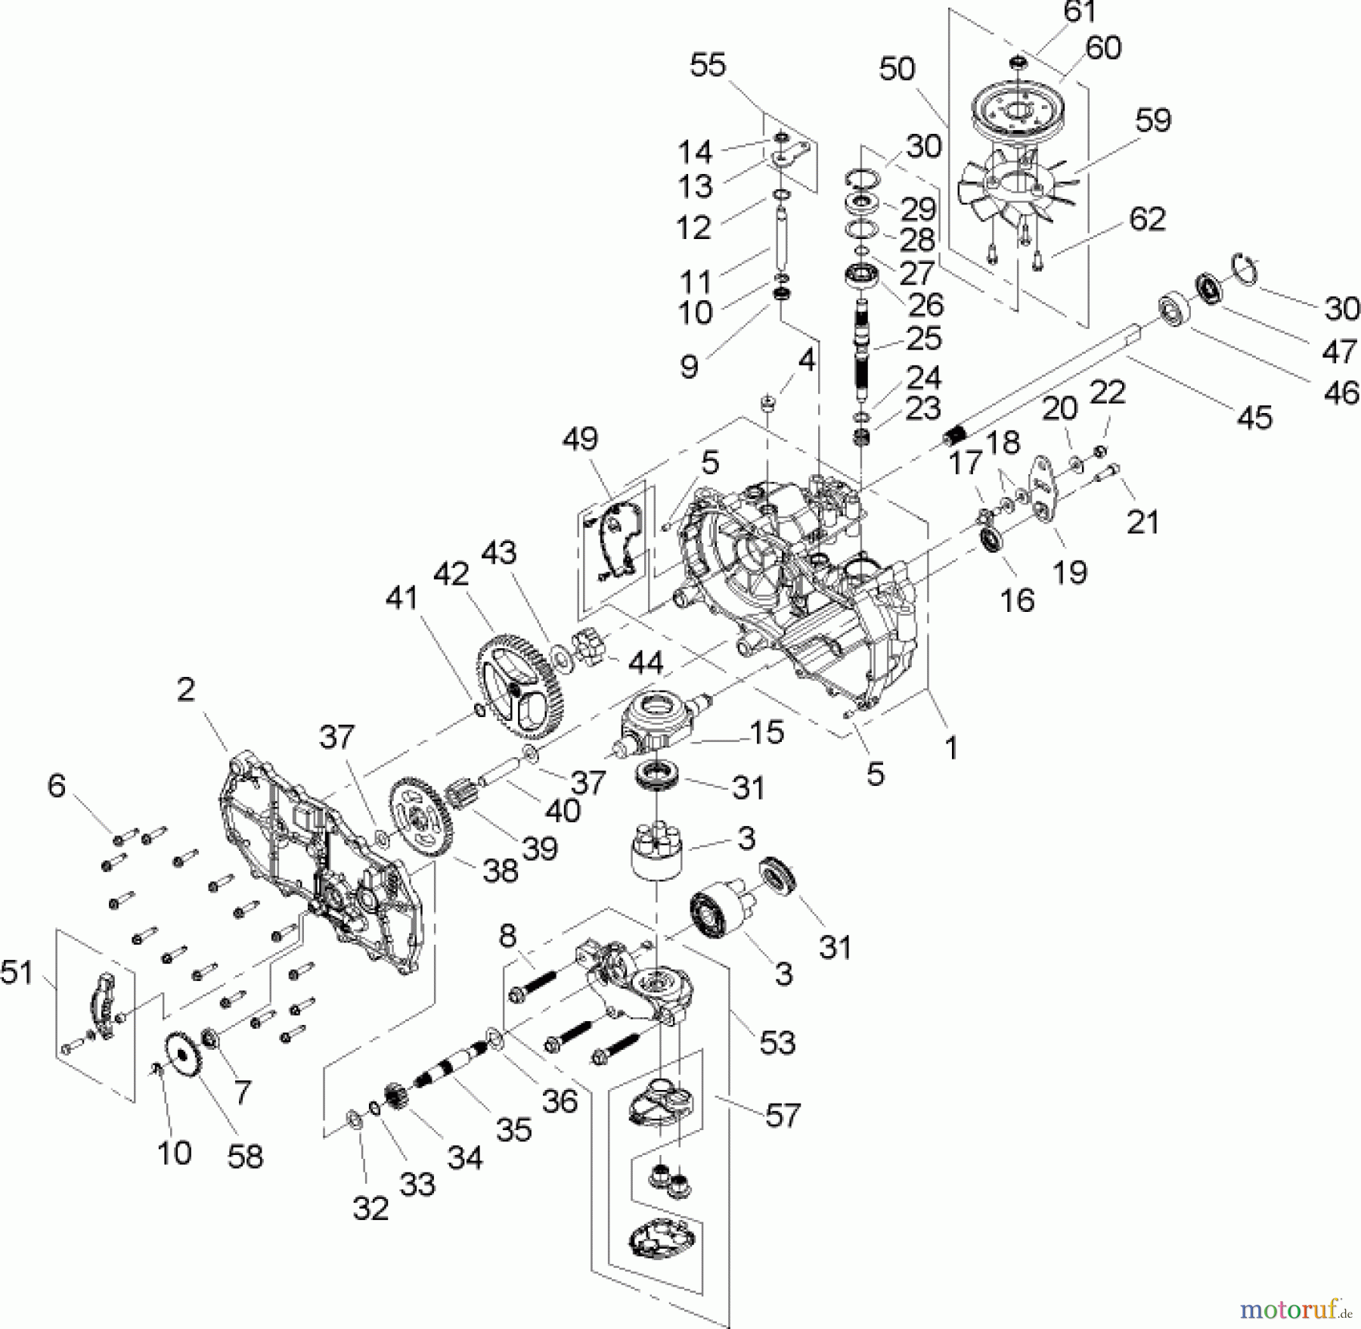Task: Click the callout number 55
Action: click(708, 65)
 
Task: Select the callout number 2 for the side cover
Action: click(185, 689)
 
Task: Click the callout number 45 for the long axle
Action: click(1255, 417)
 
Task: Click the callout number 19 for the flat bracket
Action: click(1070, 572)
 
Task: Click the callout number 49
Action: click(581, 439)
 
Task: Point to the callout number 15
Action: click(767, 731)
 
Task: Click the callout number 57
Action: click(782, 1115)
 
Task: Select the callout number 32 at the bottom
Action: click(370, 1209)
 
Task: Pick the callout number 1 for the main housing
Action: click(951, 748)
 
